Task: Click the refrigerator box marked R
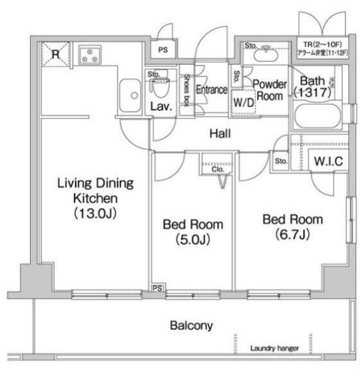point(55,54)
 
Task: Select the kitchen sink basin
point(133,96)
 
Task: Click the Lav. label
point(161,107)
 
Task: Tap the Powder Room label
point(270,90)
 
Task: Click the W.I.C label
point(328,162)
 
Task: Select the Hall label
point(220,134)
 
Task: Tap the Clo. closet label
point(219,169)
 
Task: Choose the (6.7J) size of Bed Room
point(292,235)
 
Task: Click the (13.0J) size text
point(95,213)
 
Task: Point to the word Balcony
point(191,326)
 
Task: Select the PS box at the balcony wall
point(156,288)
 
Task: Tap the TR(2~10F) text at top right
point(322,44)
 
